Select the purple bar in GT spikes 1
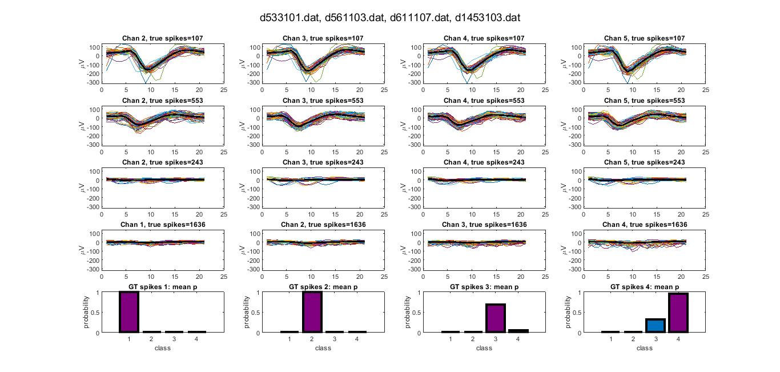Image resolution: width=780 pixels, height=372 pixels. click(x=128, y=312)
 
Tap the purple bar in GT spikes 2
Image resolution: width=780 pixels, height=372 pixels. click(x=312, y=312)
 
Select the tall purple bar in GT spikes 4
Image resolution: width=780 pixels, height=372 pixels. click(x=678, y=313)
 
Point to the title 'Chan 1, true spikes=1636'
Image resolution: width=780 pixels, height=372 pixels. click(x=163, y=225)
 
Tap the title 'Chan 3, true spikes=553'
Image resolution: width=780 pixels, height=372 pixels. click(x=323, y=101)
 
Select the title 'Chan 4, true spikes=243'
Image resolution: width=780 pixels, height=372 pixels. click(x=484, y=163)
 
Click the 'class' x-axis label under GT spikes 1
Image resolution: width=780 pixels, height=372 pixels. click(x=163, y=348)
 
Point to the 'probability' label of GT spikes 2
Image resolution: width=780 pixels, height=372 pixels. click(x=248, y=312)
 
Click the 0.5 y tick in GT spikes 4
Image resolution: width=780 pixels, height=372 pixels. click(x=574, y=313)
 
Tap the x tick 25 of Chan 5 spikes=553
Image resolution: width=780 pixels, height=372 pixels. click(x=706, y=153)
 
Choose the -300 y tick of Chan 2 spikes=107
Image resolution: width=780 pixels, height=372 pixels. click(x=92, y=83)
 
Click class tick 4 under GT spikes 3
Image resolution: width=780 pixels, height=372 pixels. click(x=518, y=339)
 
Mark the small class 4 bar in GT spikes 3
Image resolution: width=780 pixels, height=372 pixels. click(x=518, y=330)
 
